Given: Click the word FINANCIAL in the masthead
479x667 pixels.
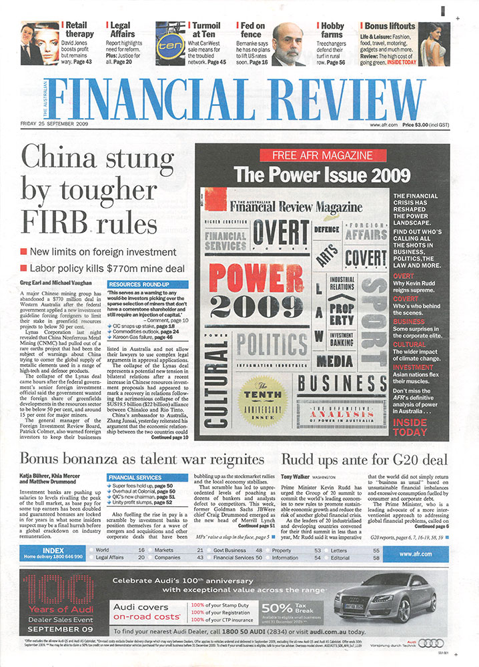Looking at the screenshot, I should click(x=163, y=94).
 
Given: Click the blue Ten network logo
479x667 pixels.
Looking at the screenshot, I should click(x=167, y=44).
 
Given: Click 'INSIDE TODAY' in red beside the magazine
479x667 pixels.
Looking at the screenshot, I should click(x=410, y=427).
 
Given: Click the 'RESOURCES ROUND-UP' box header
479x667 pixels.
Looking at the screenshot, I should click(x=139, y=283).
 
